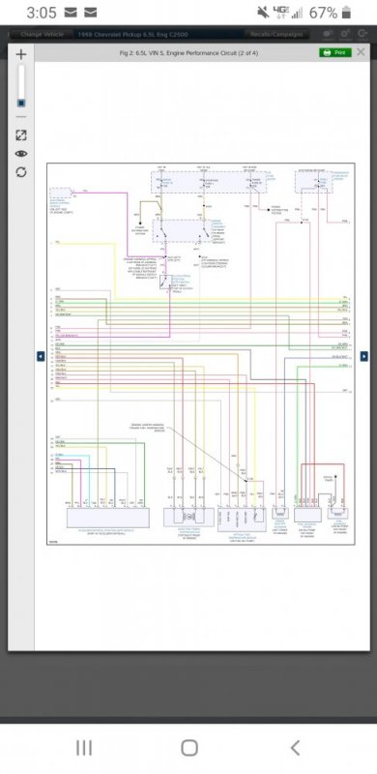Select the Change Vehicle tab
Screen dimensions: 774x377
click(42, 34)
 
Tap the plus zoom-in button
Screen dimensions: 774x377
click(21, 55)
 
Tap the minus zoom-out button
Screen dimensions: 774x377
click(21, 118)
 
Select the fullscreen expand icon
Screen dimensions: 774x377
click(21, 135)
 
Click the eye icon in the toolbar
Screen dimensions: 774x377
click(21, 154)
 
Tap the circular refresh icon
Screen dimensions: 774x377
click(21, 172)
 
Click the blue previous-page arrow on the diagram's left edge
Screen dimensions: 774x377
click(41, 356)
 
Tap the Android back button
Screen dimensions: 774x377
click(295, 747)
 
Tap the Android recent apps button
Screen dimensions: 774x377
click(84, 747)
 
